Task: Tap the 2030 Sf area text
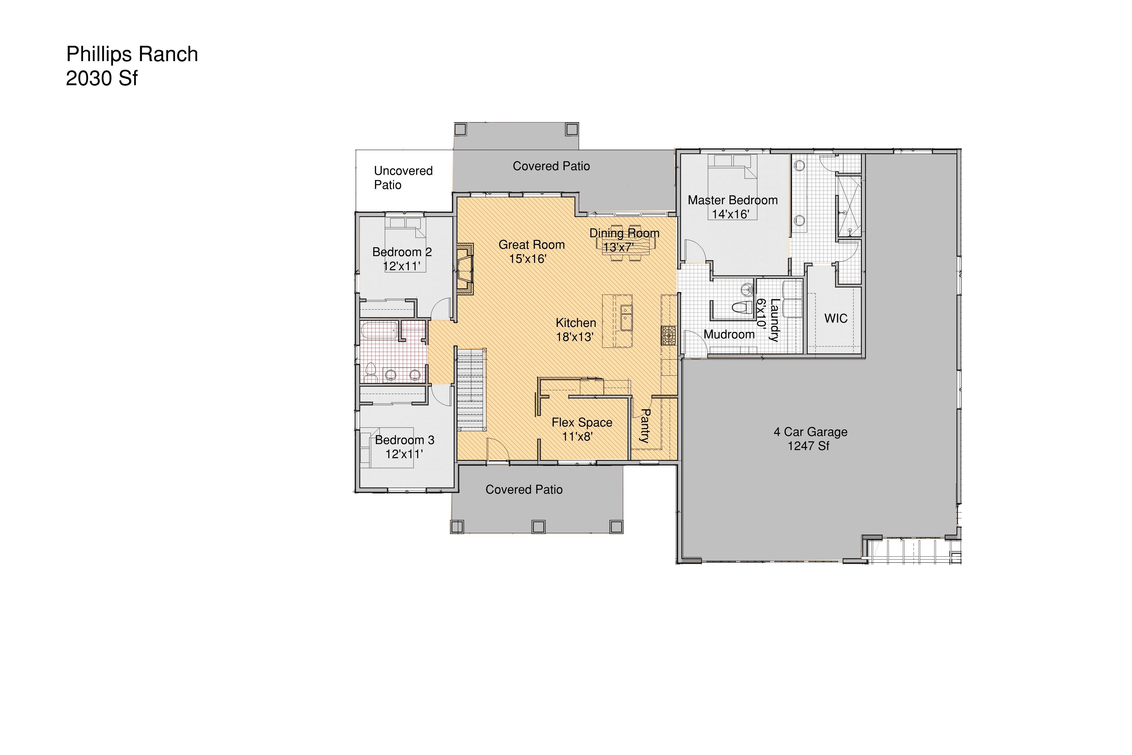pyautogui.click(x=102, y=78)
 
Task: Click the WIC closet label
pyautogui.click(x=836, y=318)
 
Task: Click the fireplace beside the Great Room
pyautogui.click(x=464, y=269)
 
